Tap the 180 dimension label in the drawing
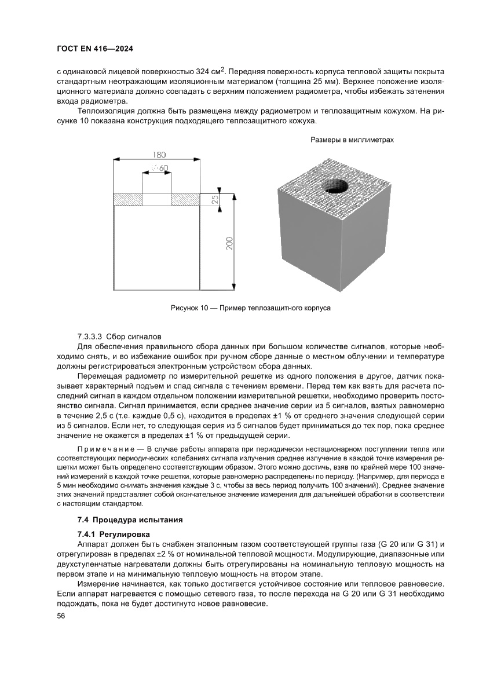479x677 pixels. (159, 155)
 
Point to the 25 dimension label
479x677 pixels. (215, 199)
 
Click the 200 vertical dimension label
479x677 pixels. (229, 244)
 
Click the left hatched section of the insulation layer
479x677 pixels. (127, 199)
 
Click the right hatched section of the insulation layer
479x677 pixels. (185, 199)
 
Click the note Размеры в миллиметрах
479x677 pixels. (352, 140)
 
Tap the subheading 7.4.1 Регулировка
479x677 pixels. (114, 533)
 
